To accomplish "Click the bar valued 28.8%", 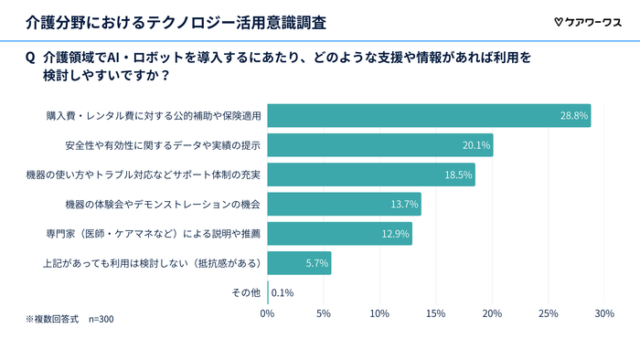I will pos(429,116).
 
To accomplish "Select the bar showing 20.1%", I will pos(380,145).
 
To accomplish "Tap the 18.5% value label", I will pos(458,175).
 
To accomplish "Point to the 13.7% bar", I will pos(344,204).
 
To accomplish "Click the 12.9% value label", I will pos(396,234).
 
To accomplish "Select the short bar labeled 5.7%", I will pos(299,263).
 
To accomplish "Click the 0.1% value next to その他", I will pos(283,293).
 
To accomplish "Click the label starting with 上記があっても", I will pos(153,263).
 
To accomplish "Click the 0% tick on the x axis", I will pos(268,314).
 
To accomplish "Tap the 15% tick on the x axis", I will pos(436,314).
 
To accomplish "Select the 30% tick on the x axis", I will pos(604,314).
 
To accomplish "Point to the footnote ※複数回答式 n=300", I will pos(69,319).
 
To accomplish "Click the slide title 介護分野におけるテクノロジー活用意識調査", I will pos(174,20).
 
